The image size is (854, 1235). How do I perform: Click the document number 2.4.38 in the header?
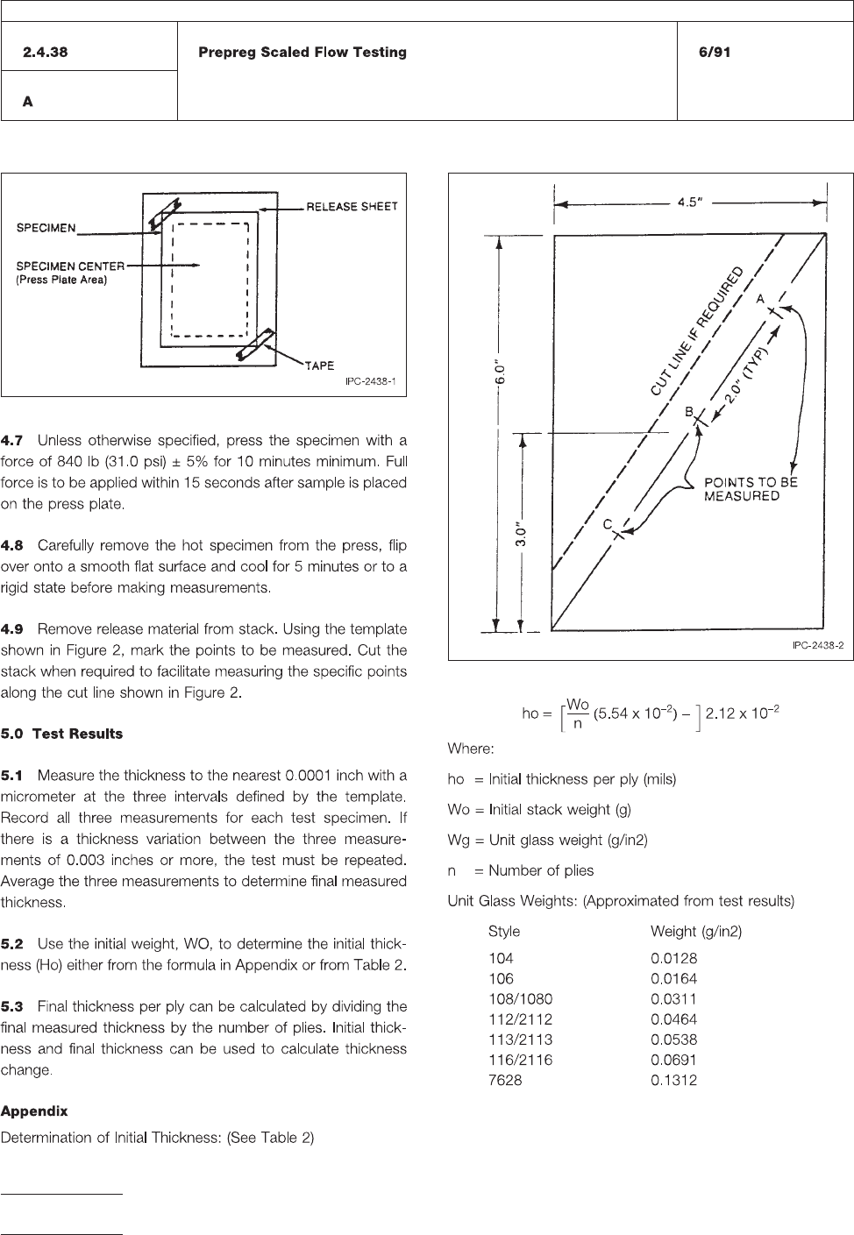[x=46, y=53]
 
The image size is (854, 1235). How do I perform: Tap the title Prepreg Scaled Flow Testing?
[x=302, y=53]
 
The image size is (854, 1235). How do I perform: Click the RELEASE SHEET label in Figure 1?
[x=352, y=207]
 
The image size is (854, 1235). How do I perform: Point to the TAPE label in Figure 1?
[x=319, y=366]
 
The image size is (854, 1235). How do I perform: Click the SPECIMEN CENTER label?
[x=71, y=265]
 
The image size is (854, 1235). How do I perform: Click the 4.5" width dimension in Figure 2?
[x=693, y=202]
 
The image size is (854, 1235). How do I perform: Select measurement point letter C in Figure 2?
[x=606, y=523]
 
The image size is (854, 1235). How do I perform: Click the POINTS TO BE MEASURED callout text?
[x=751, y=489]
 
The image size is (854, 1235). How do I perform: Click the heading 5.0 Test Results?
[x=62, y=734]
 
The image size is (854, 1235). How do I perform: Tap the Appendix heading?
[x=34, y=1111]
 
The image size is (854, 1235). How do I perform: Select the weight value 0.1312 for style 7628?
[x=673, y=1081]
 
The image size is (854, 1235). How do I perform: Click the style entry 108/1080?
[x=521, y=999]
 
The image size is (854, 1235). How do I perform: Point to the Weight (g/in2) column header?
[x=695, y=932]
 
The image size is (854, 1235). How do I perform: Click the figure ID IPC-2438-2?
[x=816, y=645]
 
